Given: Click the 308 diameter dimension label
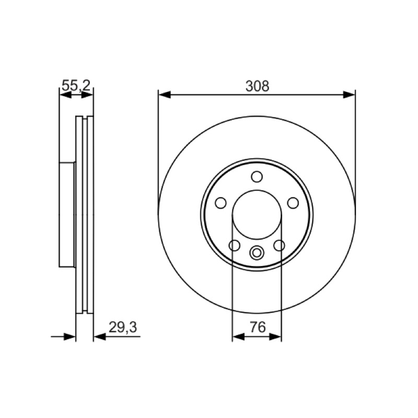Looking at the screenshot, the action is [x=257, y=86].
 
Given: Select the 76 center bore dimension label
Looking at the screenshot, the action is [x=258, y=327].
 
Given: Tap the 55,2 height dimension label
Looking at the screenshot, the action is [x=76, y=86].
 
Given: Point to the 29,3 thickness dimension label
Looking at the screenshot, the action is [x=123, y=328].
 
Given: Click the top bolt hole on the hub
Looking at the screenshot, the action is [x=257, y=177].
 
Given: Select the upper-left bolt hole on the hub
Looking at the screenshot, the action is [x=220, y=203].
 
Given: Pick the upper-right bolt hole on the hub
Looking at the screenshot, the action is [x=293, y=203].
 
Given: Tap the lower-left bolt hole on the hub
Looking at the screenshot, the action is [x=235, y=245].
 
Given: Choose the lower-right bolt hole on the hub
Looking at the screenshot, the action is [x=280, y=245].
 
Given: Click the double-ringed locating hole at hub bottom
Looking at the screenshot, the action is [x=257, y=252].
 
